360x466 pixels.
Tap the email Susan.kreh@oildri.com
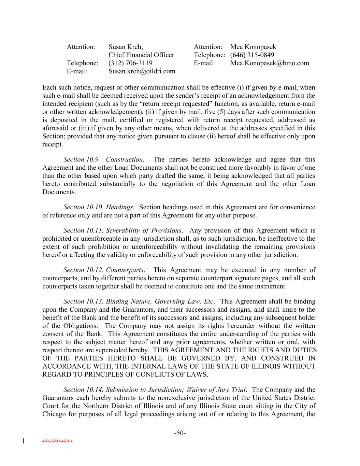[142, 71]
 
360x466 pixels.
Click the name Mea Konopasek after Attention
[253, 47]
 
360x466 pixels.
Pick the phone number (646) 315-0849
[252, 55]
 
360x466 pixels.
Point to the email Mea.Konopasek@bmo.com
[270, 63]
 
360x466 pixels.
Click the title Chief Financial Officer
[141, 55]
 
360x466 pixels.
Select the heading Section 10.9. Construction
[103, 159]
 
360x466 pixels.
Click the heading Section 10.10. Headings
[99, 207]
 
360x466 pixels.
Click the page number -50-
[180, 433]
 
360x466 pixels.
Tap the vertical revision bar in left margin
[23, 441]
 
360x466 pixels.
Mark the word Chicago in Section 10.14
[54, 414]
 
